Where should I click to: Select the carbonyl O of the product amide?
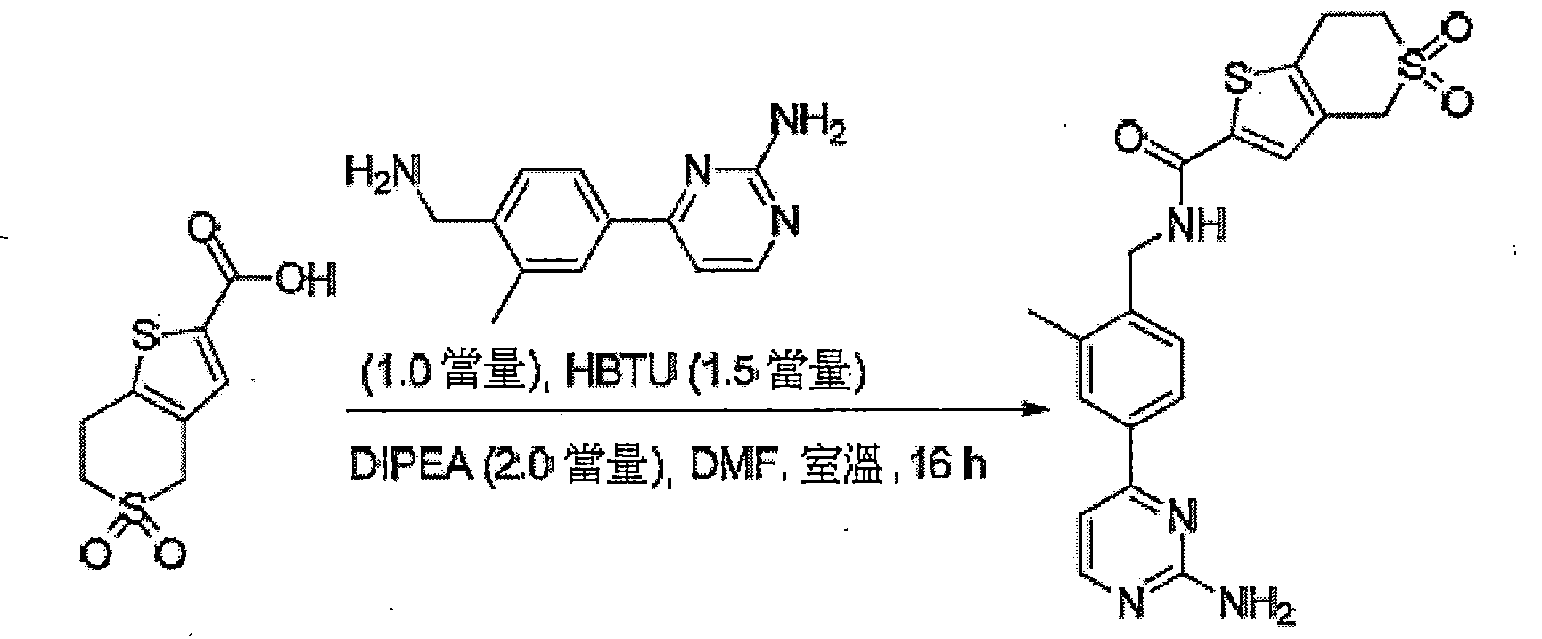tap(1127, 139)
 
